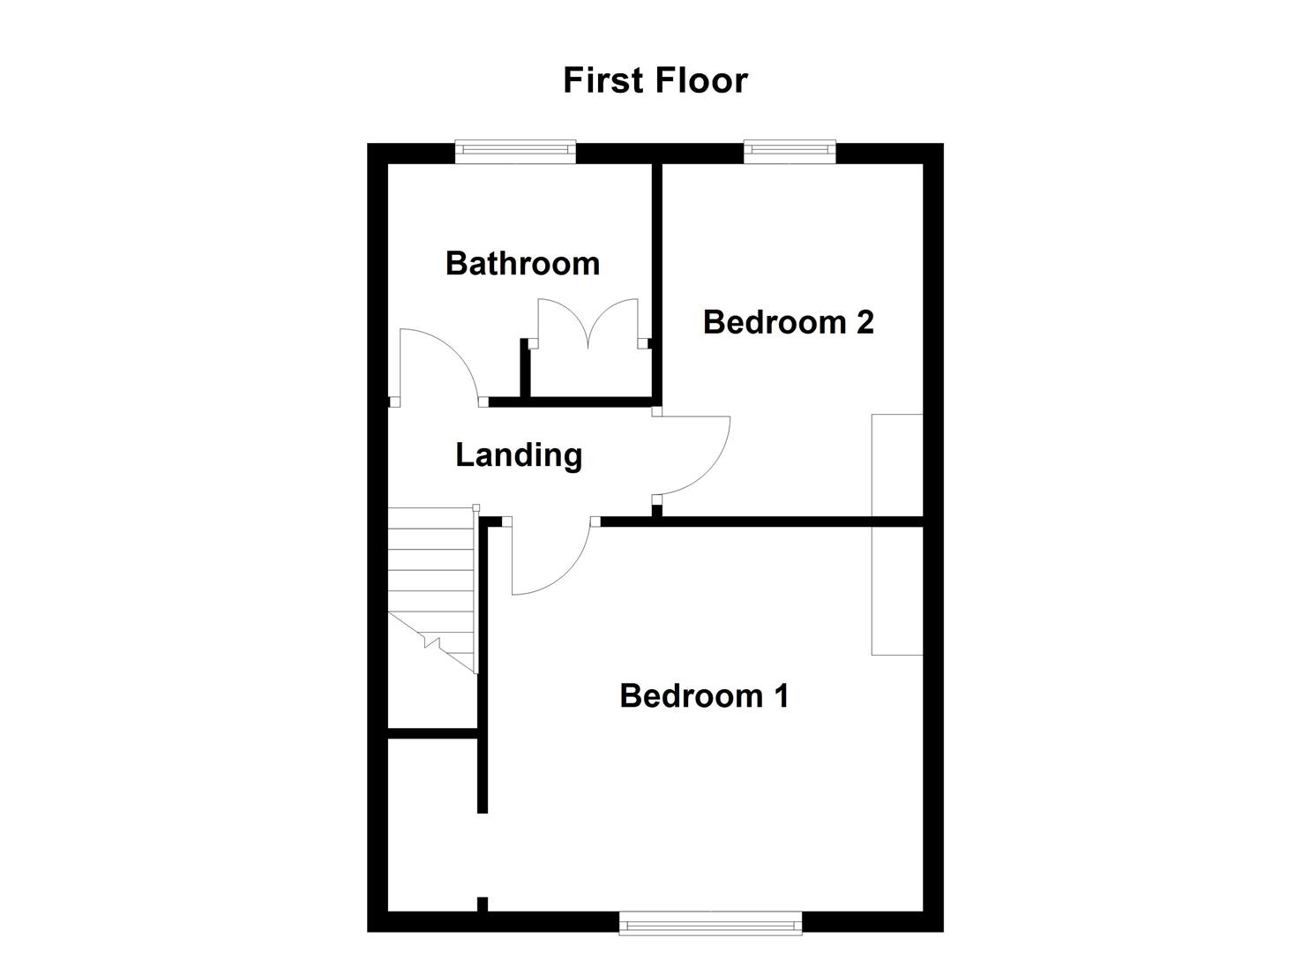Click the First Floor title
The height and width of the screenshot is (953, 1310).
tap(655, 80)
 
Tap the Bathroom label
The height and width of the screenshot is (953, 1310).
tap(522, 263)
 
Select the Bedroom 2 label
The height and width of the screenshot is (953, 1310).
tap(788, 322)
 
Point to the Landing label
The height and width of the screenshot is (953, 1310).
tap(519, 455)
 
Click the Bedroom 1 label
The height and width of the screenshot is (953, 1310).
tap(704, 695)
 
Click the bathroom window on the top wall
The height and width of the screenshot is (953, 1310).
tap(516, 151)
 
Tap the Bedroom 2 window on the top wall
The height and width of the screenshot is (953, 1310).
tap(790, 151)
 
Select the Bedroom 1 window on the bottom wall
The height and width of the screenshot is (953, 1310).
tap(711, 925)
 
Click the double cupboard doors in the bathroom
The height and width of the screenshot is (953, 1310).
tap(588, 322)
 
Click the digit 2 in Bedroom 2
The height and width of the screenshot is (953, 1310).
tap(865, 322)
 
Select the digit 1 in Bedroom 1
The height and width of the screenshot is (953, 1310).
tap(780, 695)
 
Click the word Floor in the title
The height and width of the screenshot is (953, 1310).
tap(701, 80)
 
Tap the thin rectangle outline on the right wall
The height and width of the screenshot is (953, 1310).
tap(897, 534)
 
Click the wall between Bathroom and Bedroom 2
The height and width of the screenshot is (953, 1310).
tap(656, 282)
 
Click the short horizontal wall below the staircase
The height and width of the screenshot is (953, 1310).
tap(433, 732)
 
